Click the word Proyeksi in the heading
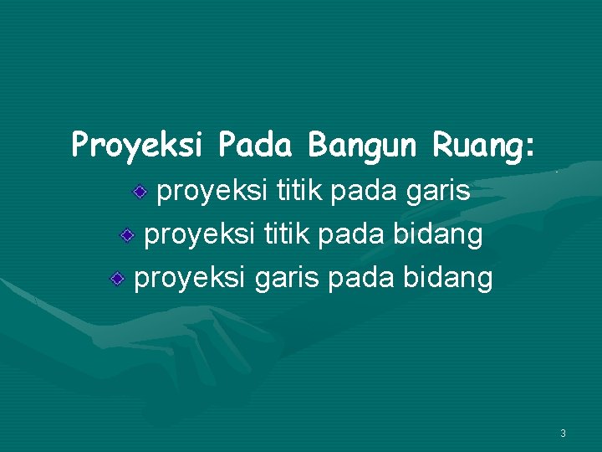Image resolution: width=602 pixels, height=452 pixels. [x=137, y=146]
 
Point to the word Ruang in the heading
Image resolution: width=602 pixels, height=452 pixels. [x=477, y=146]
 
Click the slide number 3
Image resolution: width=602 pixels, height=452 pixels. [x=563, y=434]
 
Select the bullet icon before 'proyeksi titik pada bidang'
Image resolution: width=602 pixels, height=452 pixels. [x=126, y=237]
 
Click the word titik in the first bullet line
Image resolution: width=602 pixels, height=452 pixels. [x=293, y=193]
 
